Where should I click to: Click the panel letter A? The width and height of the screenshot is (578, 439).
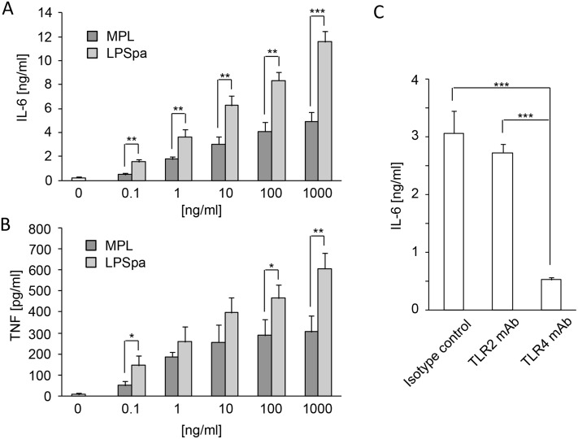[x=9, y=9]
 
